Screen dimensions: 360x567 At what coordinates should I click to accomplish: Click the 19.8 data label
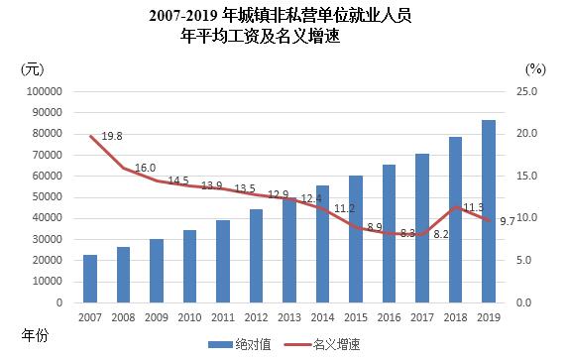pos(112,136)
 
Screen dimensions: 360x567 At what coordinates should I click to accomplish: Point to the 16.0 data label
pos(145,168)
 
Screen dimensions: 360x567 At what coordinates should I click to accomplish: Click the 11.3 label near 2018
pos(474,207)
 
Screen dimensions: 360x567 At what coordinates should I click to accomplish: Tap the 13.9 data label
pos(211,185)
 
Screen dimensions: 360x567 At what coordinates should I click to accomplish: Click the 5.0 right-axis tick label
pos(530,260)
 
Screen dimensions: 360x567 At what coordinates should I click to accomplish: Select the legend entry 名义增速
pos(332,343)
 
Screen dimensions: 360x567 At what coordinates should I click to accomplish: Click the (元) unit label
pos(32,68)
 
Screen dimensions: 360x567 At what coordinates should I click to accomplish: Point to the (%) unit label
pos(535,68)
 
